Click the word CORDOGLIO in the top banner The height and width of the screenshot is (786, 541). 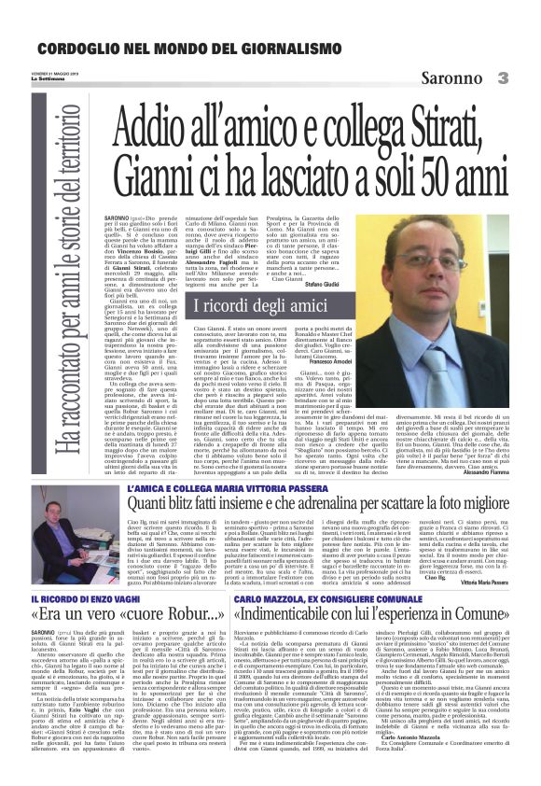(79, 48)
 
